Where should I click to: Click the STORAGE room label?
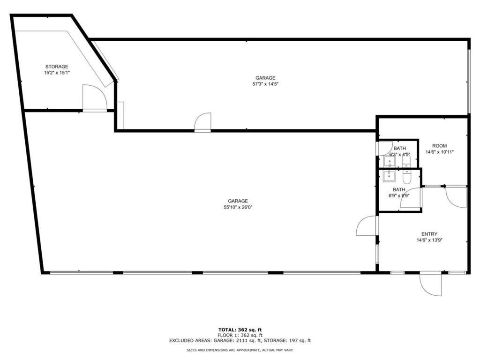point(57,67)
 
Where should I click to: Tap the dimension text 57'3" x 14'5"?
point(265,84)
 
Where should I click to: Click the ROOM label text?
point(439,146)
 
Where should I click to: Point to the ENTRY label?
point(429,234)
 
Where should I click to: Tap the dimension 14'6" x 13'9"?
point(429,240)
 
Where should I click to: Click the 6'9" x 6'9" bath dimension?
point(399,196)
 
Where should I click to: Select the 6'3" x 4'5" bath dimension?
point(399,154)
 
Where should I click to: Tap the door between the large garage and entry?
point(367,226)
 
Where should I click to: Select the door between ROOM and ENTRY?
point(455,196)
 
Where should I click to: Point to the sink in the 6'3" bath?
point(389,162)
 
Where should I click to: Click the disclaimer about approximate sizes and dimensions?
point(240,350)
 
